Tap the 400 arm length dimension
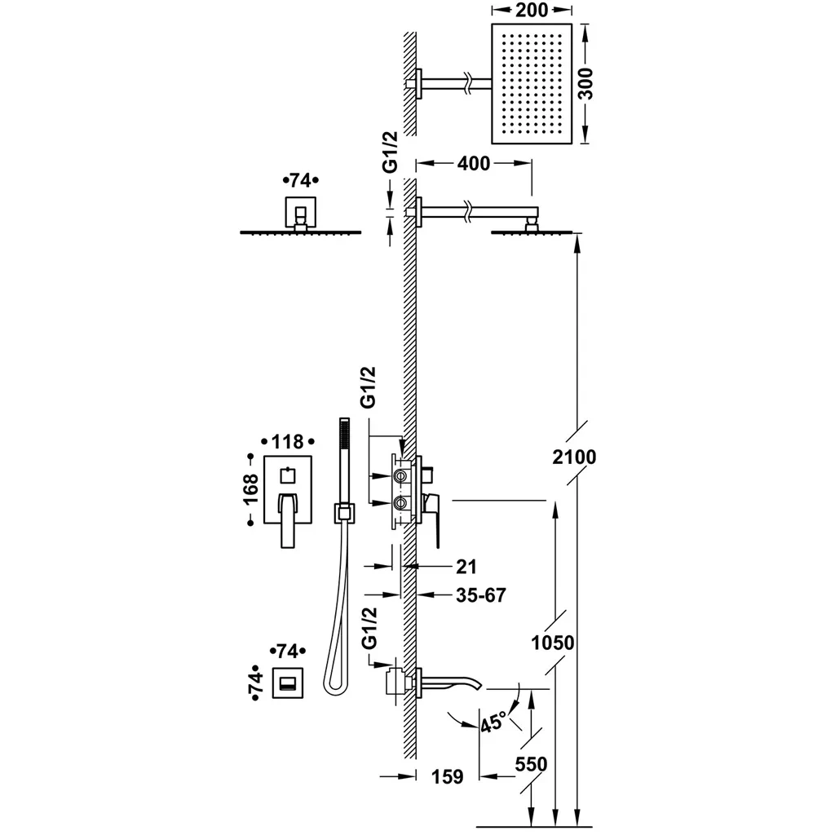(473, 164)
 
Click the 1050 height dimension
(552, 643)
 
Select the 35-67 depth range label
(480, 594)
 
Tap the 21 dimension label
(467, 566)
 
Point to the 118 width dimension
(287, 442)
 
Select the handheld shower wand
(342, 465)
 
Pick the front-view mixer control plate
(287, 501)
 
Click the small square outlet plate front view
(287, 683)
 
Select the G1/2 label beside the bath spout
(371, 627)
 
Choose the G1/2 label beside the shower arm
(391, 152)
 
